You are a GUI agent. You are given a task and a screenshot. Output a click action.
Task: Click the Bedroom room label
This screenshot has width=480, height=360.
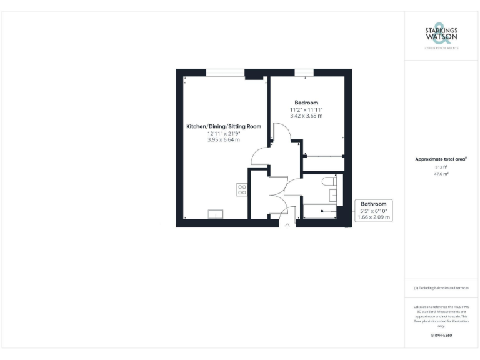pyautogui.click(x=306, y=102)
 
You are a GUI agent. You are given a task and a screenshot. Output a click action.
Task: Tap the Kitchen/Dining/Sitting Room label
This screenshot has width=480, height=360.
pyautogui.click(x=223, y=126)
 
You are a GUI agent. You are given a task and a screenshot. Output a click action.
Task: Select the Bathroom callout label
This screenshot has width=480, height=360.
pyautogui.click(x=374, y=204)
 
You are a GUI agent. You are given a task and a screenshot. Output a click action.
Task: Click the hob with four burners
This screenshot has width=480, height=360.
pyautogui.click(x=241, y=189)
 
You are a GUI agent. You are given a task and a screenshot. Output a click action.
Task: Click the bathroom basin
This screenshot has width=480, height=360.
pyautogui.click(x=334, y=196)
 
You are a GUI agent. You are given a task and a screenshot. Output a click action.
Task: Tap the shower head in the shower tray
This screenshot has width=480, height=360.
pyautogui.click(x=322, y=211)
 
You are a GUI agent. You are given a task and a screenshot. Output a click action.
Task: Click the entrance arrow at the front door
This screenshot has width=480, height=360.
pyautogui.click(x=287, y=226)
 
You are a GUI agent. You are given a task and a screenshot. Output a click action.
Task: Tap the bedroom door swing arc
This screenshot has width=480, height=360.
pyautogui.click(x=281, y=134)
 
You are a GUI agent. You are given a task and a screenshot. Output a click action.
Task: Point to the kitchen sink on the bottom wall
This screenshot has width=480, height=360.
pyautogui.click(x=214, y=214)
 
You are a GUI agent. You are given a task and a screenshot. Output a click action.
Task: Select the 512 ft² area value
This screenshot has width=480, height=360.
pyautogui.click(x=442, y=167)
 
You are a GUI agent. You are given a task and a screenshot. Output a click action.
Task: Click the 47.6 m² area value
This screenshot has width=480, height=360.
pyautogui.click(x=442, y=174)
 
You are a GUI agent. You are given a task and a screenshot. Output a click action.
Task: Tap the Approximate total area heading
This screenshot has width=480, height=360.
pyautogui.click(x=441, y=159)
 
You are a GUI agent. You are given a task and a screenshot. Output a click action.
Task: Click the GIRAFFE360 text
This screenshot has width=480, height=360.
pyautogui.click(x=441, y=336)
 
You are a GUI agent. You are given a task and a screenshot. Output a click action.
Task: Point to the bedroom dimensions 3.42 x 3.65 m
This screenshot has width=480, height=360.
pyautogui.click(x=306, y=116)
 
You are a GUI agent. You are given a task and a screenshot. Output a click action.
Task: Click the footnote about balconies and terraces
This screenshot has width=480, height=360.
pyautogui.click(x=441, y=288)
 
